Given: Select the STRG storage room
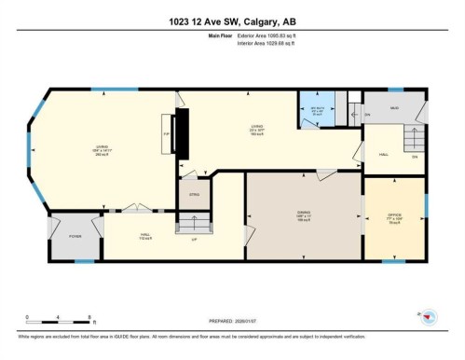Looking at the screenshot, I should click(x=195, y=194).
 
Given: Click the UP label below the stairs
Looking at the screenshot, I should click(x=193, y=241).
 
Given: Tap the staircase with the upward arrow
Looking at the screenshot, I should click(x=194, y=223).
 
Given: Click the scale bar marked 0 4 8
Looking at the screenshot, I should click(x=58, y=323).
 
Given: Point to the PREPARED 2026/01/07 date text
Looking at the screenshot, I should click(x=232, y=323).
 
